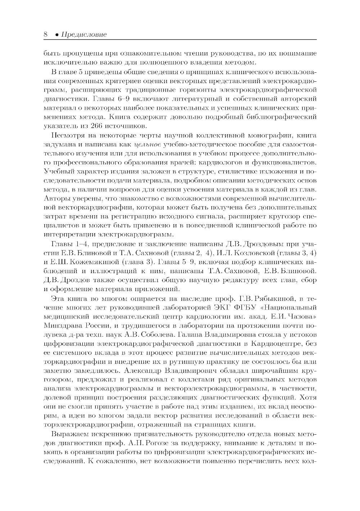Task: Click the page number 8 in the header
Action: click(x=45, y=35)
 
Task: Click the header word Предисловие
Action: click(x=84, y=35)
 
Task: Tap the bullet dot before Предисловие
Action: click(x=57, y=35)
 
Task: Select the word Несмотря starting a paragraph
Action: click(x=67, y=136)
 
